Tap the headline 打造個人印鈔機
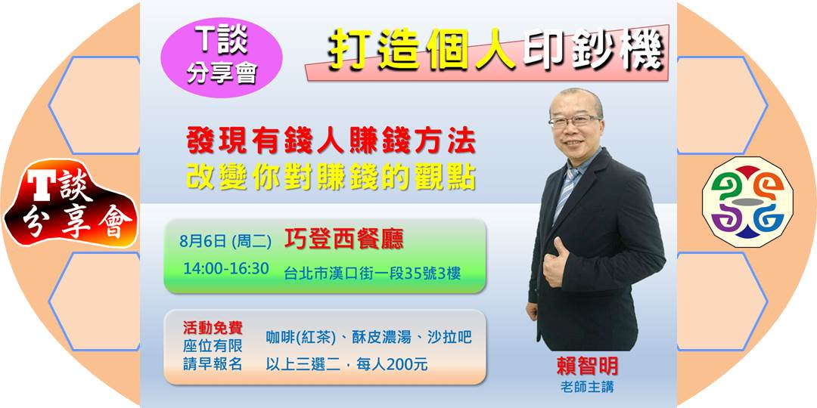pos(495,53)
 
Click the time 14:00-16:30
pos(226,269)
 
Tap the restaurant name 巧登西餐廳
pos(343,240)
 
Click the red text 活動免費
pos(213,328)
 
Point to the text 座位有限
pos(213,345)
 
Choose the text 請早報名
pos(213,363)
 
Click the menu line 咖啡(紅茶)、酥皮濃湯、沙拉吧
pos(368,337)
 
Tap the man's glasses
pos(572,121)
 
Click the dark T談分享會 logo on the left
pos(70,204)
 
